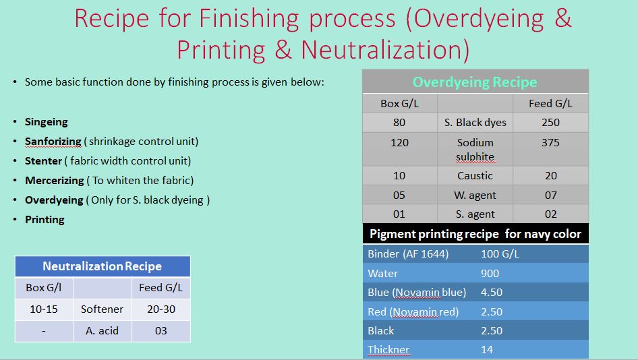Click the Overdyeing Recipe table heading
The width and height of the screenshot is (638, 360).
(475, 82)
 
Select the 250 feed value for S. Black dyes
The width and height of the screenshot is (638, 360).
(550, 123)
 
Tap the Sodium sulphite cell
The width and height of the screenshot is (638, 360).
(475, 149)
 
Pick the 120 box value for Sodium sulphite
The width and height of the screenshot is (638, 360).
(399, 143)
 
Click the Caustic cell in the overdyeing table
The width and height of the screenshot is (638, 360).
(475, 176)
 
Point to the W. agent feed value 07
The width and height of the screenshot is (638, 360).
(550, 196)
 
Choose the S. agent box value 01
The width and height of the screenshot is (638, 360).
(399, 214)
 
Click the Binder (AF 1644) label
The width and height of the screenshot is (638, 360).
(408, 254)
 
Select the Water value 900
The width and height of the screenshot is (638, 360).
(490, 273)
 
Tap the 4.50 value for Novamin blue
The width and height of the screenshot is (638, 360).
(492, 293)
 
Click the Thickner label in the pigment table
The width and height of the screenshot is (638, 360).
(388, 350)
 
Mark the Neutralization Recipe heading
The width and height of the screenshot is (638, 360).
(102, 266)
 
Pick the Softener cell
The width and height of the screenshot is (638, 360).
(102, 309)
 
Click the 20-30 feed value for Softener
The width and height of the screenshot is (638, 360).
(161, 309)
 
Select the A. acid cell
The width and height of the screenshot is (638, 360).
(102, 331)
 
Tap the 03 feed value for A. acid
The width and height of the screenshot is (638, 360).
(161, 331)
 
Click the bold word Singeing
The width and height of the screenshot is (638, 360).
(47, 122)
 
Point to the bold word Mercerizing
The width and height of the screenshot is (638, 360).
(55, 181)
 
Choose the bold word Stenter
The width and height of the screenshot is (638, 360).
(43, 161)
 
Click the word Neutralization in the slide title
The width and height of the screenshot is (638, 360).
(385, 50)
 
